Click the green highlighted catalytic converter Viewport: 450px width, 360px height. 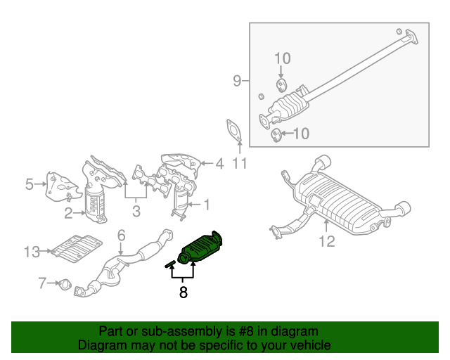(x=202, y=247)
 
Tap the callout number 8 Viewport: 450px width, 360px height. (x=183, y=292)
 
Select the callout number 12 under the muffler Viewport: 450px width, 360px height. (x=328, y=243)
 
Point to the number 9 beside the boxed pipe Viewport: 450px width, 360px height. (x=237, y=82)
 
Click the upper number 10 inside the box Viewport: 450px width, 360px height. (x=281, y=58)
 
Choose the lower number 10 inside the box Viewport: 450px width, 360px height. (x=301, y=133)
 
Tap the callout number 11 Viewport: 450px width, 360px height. (x=240, y=165)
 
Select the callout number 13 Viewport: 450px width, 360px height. (x=32, y=250)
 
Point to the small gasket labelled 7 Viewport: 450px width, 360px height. (x=65, y=285)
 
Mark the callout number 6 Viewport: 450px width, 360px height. (x=120, y=235)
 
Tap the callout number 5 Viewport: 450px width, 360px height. (x=30, y=185)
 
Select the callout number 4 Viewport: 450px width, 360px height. (x=219, y=164)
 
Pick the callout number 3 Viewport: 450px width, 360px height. (x=136, y=210)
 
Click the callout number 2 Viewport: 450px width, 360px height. (x=69, y=212)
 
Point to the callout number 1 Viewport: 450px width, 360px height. (x=207, y=205)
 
